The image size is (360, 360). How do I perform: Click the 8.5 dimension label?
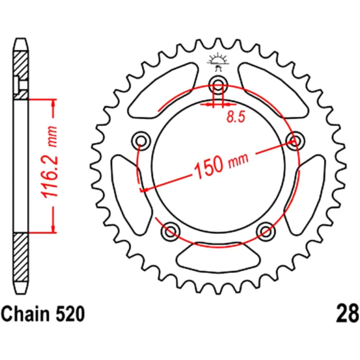(x=236, y=117)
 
